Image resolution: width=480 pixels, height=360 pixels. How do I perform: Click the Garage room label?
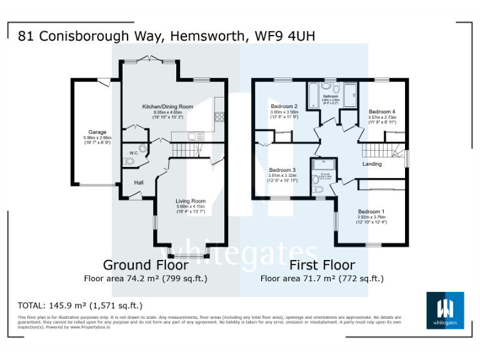(96, 132)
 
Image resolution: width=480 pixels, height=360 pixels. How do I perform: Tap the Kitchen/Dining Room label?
(167, 107)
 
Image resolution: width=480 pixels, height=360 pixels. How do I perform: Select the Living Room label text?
(190, 201)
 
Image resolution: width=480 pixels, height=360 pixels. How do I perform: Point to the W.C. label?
(133, 152)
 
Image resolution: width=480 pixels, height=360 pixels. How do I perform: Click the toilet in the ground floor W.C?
(129, 162)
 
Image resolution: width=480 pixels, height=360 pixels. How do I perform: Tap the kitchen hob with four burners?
(219, 116)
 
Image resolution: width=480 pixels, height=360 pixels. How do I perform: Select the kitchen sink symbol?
(193, 136)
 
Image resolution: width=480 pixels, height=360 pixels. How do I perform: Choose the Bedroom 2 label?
(283, 106)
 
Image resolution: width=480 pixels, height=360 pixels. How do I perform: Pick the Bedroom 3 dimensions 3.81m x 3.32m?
(282, 176)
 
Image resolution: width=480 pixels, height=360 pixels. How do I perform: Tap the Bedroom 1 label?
(371, 211)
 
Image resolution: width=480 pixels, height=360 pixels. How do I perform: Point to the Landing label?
(372, 164)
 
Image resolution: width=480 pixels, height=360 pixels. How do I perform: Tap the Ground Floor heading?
(137, 265)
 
